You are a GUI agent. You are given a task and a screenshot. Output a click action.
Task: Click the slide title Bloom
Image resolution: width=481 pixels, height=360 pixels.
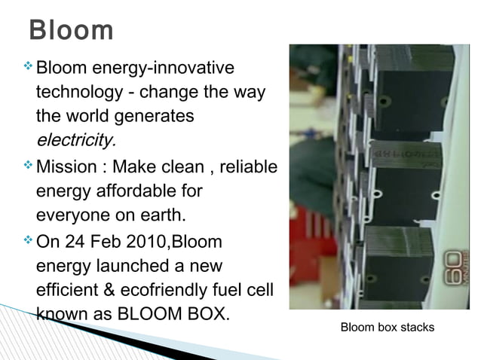coord(71,31)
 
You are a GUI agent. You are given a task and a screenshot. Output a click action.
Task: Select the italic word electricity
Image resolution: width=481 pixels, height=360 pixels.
coord(76,141)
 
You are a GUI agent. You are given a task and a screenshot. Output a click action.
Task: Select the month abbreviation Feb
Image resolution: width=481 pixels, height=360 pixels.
coord(116,242)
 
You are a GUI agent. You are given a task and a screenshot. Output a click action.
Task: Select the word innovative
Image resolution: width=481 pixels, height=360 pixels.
coord(194,69)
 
